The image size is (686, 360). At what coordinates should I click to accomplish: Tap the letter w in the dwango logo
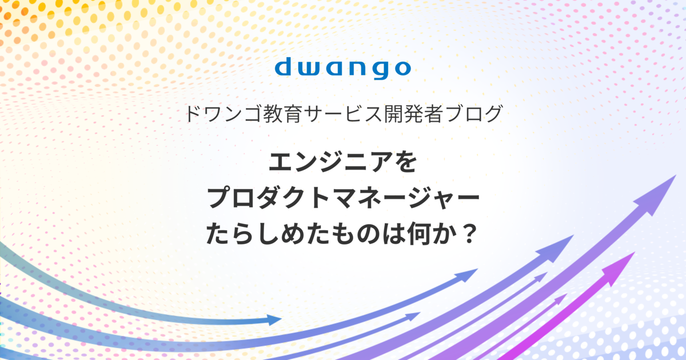pos(310,69)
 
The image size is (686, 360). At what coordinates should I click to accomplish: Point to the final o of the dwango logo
pos(400,69)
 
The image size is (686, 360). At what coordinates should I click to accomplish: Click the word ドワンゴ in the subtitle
pos(224,114)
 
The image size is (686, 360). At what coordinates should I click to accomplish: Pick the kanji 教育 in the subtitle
pos(282,114)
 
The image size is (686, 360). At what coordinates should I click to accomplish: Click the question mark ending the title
pos(469,234)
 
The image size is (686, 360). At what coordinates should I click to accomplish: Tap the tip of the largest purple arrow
pos(676,175)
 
